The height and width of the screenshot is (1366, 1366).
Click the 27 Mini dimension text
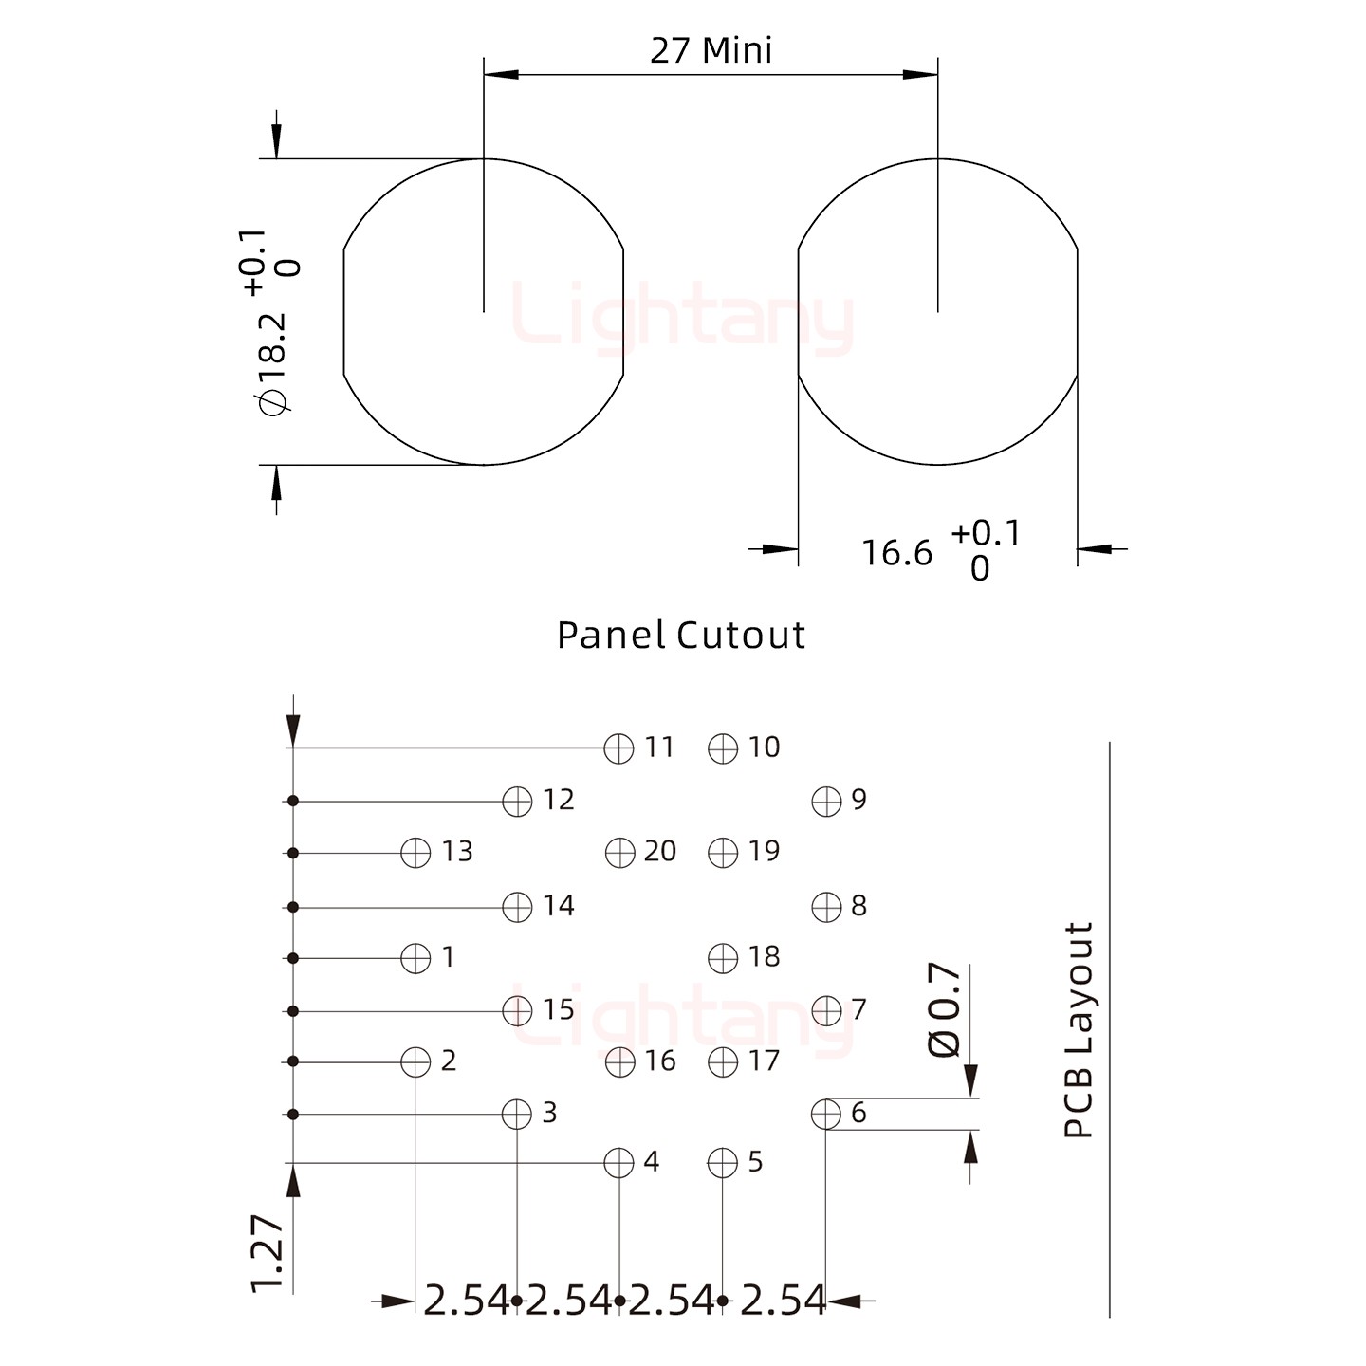pyautogui.click(x=711, y=50)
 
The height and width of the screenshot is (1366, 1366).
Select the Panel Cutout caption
pyautogui.click(x=680, y=635)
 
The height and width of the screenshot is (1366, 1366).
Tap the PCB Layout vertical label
pyautogui.click(x=1080, y=1029)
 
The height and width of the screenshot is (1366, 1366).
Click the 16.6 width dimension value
pyautogui.click(x=896, y=552)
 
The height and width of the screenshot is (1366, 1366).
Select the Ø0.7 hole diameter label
pyautogui.click(x=945, y=1009)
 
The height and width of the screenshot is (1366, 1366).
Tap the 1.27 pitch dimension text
pyautogui.click(x=268, y=1252)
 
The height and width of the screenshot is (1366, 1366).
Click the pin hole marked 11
pyautogui.click(x=618, y=748)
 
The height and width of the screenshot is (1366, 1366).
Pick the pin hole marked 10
pyautogui.click(x=723, y=748)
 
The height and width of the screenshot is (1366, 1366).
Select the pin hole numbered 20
pyautogui.click(x=619, y=853)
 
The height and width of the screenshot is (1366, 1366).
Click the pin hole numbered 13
pyautogui.click(x=415, y=853)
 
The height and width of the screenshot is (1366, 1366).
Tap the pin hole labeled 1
pyautogui.click(x=415, y=958)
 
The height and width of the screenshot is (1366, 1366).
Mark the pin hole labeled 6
pyautogui.click(x=826, y=1114)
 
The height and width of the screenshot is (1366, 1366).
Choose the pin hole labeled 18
pyautogui.click(x=723, y=958)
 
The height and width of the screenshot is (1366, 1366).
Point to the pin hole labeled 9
pyautogui.click(x=826, y=802)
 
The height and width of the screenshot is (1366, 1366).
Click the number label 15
pyautogui.click(x=559, y=1009)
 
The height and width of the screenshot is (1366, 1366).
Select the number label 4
pyautogui.click(x=651, y=1162)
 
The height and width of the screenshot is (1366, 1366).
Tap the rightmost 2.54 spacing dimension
pyautogui.click(x=783, y=1301)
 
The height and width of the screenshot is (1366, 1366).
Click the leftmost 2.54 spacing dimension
pyautogui.click(x=466, y=1301)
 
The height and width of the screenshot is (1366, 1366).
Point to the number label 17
pyautogui.click(x=764, y=1061)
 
